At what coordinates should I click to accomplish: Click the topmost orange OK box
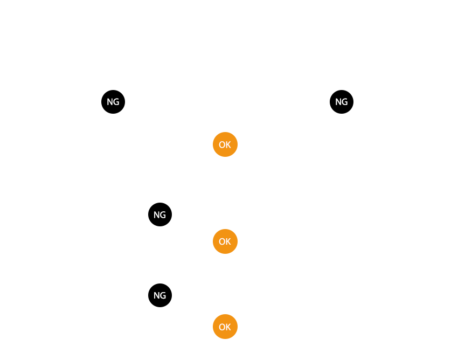click(x=225, y=144)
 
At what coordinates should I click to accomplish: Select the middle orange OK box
click(x=225, y=241)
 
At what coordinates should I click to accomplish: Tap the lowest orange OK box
click(x=225, y=327)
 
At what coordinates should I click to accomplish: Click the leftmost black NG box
click(x=113, y=102)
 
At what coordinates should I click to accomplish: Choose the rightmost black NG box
click(x=342, y=102)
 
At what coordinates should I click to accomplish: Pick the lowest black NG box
click(x=160, y=295)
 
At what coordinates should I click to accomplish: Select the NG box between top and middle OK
click(x=160, y=214)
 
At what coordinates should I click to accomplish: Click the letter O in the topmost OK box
click(x=222, y=144)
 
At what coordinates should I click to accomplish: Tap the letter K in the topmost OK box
click(x=228, y=144)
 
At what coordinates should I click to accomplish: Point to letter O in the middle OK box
click(x=222, y=241)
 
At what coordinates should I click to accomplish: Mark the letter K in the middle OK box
click(x=228, y=241)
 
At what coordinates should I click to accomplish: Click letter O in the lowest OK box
click(x=222, y=327)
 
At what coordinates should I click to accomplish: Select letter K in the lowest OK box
click(x=228, y=327)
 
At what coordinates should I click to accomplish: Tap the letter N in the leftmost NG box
click(x=110, y=102)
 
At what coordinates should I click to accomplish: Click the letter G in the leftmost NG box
click(x=116, y=102)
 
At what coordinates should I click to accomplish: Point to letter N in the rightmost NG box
click(x=338, y=102)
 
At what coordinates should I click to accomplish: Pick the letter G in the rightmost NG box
click(x=345, y=102)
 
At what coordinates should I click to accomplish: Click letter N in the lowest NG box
click(x=157, y=295)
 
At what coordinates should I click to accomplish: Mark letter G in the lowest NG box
click(x=163, y=295)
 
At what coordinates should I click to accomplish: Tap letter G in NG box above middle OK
click(x=163, y=214)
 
